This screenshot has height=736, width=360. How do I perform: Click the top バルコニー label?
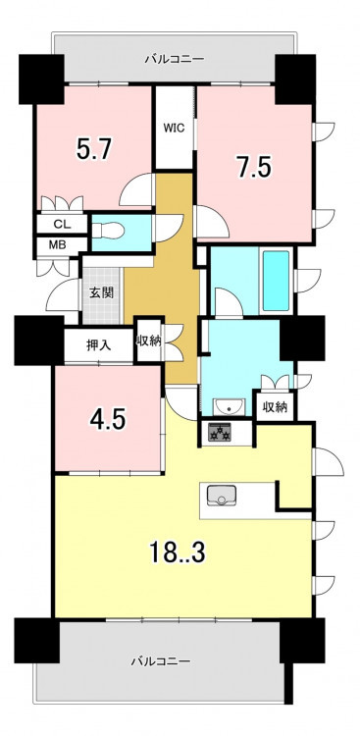pos(175,59)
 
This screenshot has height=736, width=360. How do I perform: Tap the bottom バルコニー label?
pos(161,661)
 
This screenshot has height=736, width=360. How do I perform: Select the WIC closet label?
pos(174,128)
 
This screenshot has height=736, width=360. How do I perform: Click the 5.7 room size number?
pos(94,150)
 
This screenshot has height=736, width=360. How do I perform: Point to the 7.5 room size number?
pos(255,168)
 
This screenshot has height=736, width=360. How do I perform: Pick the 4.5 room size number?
pos(108,419)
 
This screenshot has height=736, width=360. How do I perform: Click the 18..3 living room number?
pos(178,552)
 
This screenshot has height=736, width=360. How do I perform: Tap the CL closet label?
pos(62,225)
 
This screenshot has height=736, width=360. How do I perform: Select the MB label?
pos(58,244)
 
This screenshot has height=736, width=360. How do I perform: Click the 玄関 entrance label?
pos(101,292)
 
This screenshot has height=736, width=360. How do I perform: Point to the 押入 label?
pos(99,345)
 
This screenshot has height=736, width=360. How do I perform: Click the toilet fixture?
pos(109,231)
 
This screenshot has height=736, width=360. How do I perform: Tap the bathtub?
pos(276,281)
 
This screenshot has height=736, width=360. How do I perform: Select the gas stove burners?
pos(220,432)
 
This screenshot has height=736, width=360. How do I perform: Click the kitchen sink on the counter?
pos(221,496)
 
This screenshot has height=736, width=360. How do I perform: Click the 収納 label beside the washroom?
pos(276,407)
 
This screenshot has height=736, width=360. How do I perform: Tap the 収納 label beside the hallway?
pos(149,342)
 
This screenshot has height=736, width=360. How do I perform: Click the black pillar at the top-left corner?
pos(41,79)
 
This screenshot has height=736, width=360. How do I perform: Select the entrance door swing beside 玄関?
pos(63,294)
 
